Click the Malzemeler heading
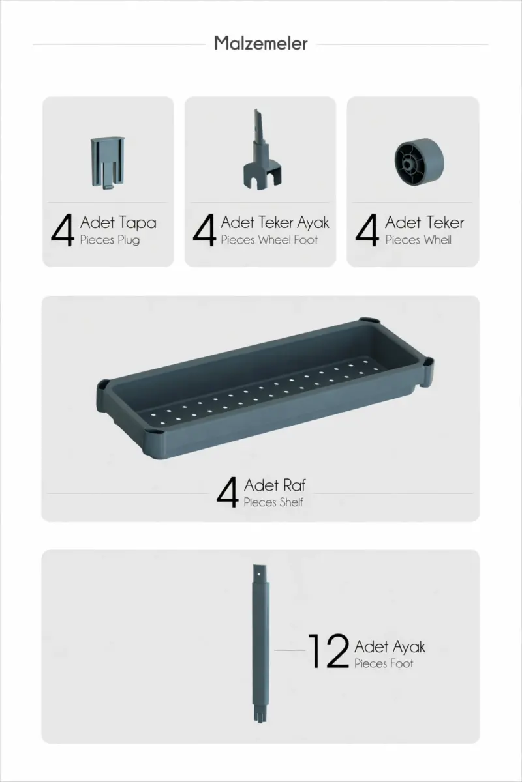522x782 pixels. coord(261,43)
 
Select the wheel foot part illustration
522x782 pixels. coord(262,150)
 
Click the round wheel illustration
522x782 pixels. coord(420,162)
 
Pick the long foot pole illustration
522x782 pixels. coord(260,643)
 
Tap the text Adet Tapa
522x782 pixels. coord(118,223)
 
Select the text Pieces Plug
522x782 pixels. coord(110,240)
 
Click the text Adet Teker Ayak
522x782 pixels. coord(275,223)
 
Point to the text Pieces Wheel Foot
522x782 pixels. coord(269,240)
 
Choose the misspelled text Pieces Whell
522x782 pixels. coord(418,240)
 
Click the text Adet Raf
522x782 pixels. coord(275,485)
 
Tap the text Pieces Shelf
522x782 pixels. coord(273,502)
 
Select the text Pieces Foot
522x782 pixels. coord(384,663)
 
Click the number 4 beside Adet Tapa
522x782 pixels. coord(63,230)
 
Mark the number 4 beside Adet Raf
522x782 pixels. coord(228,493)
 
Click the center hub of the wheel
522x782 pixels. coord(407,163)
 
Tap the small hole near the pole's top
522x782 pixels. coord(258,573)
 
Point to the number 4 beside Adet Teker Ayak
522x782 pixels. coord(204,230)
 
